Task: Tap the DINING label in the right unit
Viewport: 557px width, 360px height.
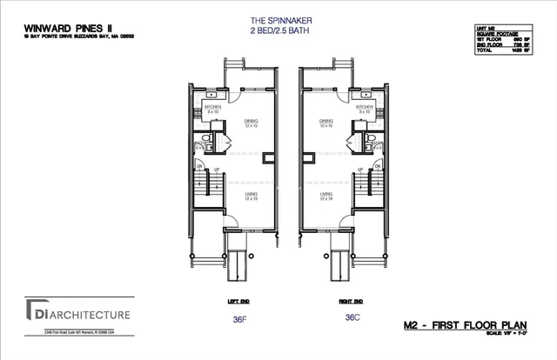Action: tap(325, 122)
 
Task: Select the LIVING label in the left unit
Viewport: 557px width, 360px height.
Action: tap(251, 195)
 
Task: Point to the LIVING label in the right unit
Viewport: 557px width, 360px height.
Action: tap(325, 195)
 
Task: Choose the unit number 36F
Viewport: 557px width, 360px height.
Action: tap(240, 318)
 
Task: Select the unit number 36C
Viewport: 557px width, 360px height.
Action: tap(352, 318)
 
